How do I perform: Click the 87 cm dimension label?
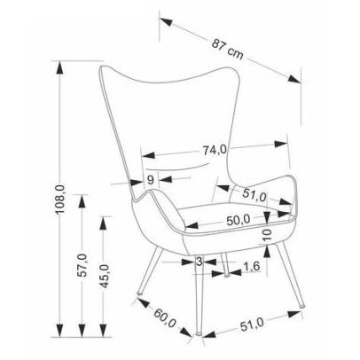[x=228, y=50]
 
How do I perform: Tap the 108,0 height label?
[x=59, y=200]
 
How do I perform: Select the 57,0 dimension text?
[x=82, y=265]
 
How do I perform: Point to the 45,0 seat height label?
[x=104, y=277]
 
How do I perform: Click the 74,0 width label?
[x=215, y=150]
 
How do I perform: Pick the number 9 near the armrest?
[x=151, y=180]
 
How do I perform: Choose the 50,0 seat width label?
[x=239, y=221]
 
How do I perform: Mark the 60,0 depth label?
[x=165, y=318]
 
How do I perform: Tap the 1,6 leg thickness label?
[x=251, y=266]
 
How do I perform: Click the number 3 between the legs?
[x=200, y=262]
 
